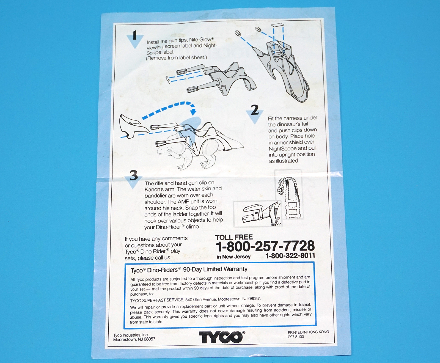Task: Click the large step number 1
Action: coord(134,35)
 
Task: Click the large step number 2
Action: coord(255,110)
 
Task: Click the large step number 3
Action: coord(134,175)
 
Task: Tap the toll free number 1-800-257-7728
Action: coord(265,246)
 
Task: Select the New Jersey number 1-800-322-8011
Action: coord(290,256)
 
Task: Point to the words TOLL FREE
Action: coord(234,237)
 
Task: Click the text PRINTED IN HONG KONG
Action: coord(308,332)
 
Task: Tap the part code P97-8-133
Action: coord(296,337)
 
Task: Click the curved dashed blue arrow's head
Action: coord(193,111)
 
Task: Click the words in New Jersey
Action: coord(233,257)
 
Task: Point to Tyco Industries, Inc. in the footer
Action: coord(131,335)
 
